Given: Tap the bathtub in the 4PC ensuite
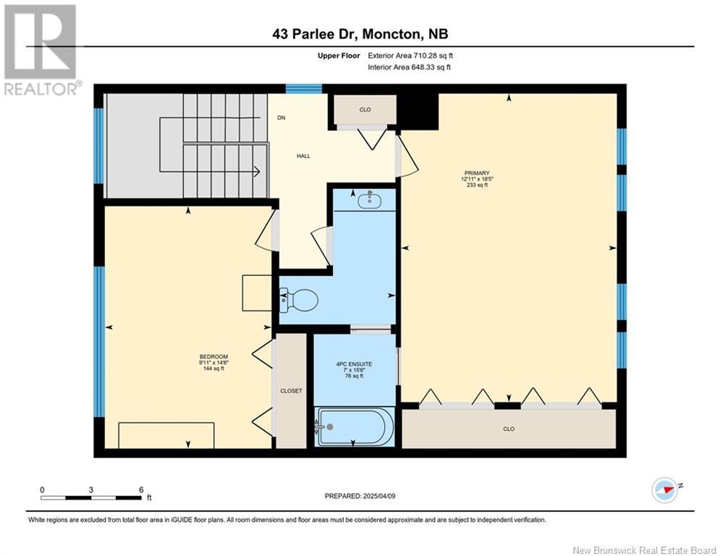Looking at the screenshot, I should [355, 426].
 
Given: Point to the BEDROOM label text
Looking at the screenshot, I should [213, 356].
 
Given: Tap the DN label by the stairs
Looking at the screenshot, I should [281, 118].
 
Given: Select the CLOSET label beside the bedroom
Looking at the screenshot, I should [291, 391].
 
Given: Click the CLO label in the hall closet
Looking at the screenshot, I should [365, 110].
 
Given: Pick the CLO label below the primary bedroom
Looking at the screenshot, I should [509, 429].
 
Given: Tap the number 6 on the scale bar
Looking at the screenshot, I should [140, 489].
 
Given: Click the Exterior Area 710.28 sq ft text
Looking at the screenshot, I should [410, 55].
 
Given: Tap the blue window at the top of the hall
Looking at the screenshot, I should [303, 89].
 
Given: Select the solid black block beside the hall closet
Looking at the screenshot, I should [418, 111].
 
